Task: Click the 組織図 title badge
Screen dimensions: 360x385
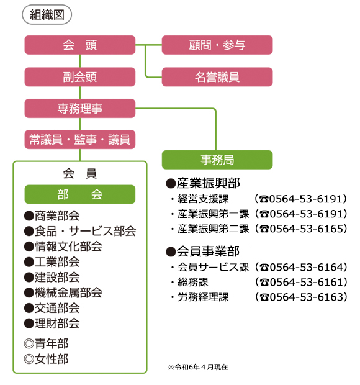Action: pyautogui.click(x=47, y=14)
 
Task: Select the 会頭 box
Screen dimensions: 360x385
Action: pyautogui.click(x=80, y=45)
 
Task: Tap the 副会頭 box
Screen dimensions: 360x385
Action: pyautogui.click(x=80, y=77)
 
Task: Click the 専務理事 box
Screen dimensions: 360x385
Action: pyautogui.click(x=80, y=108)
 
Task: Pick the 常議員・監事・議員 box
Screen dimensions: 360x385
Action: pyautogui.click(x=80, y=140)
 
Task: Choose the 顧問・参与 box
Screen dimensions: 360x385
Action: pyautogui.click(x=217, y=45)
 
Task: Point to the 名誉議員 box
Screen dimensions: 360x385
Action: pyautogui.click(x=217, y=77)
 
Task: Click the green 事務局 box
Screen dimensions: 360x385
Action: pyautogui.click(x=217, y=160)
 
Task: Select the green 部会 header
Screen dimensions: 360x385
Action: pyautogui.click(x=80, y=194)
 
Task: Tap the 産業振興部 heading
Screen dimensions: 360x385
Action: pyautogui.click(x=203, y=183)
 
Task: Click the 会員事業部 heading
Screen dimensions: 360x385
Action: pyautogui.click(x=203, y=251)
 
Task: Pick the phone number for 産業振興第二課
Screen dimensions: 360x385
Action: pyautogui.click(x=301, y=229)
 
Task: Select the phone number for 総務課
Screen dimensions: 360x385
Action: pyautogui.click(x=301, y=282)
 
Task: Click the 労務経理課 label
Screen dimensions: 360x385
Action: pyautogui.click(x=203, y=297)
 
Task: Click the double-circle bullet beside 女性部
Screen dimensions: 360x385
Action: pyautogui.click(x=29, y=359)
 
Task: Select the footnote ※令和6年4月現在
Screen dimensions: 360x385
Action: pyautogui.click(x=198, y=367)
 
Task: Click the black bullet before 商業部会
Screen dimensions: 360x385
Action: pyautogui.click(x=29, y=216)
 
